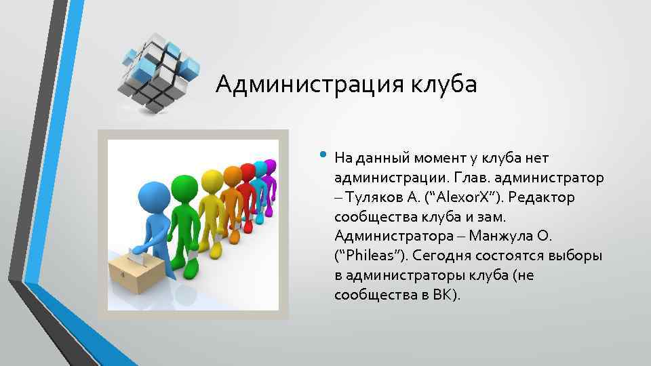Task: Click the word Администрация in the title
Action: [x=311, y=85]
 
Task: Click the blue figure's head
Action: [x=145, y=200]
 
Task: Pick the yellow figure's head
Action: [x=213, y=179]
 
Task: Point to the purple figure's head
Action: [x=271, y=165]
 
